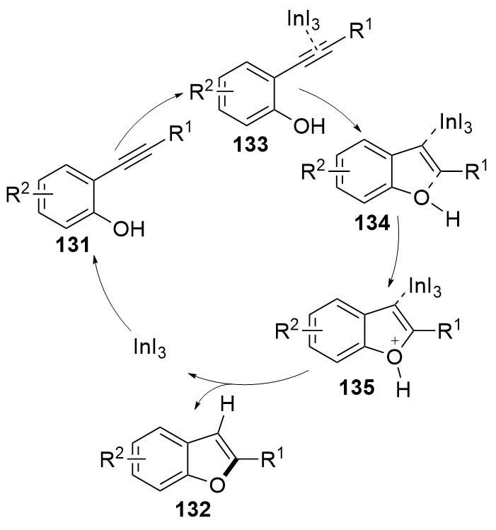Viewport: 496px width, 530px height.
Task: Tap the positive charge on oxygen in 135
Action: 408,342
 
